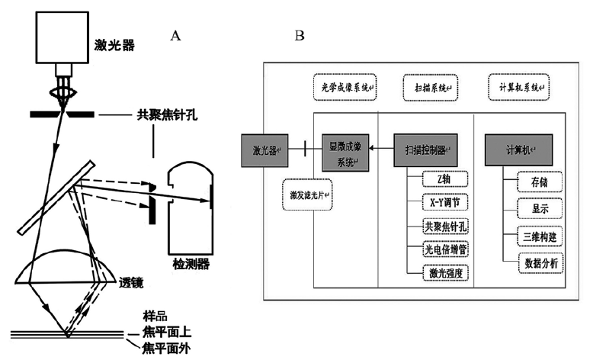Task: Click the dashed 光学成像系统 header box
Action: coord(345,88)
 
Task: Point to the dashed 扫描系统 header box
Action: coord(426,88)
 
